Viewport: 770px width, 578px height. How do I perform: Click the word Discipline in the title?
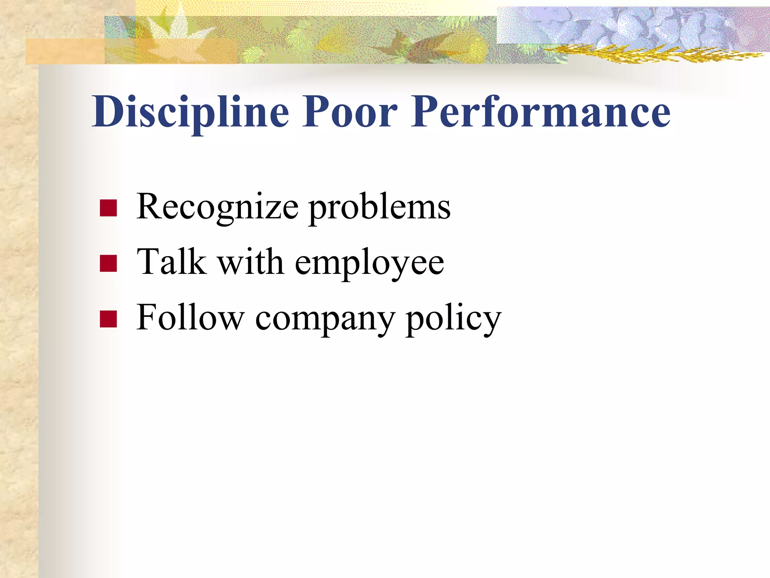click(x=190, y=112)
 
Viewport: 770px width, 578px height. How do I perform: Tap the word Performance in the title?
click(x=541, y=112)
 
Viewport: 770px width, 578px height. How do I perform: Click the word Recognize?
click(x=217, y=207)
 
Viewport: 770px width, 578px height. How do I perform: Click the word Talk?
click(x=172, y=262)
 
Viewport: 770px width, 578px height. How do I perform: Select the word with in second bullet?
click(x=250, y=262)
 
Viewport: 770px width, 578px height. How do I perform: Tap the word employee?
click(x=369, y=263)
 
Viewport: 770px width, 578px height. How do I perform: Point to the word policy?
click(x=453, y=319)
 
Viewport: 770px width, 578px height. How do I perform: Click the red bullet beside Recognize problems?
click(x=108, y=208)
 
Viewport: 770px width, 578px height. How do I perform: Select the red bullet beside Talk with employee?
click(x=108, y=263)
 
